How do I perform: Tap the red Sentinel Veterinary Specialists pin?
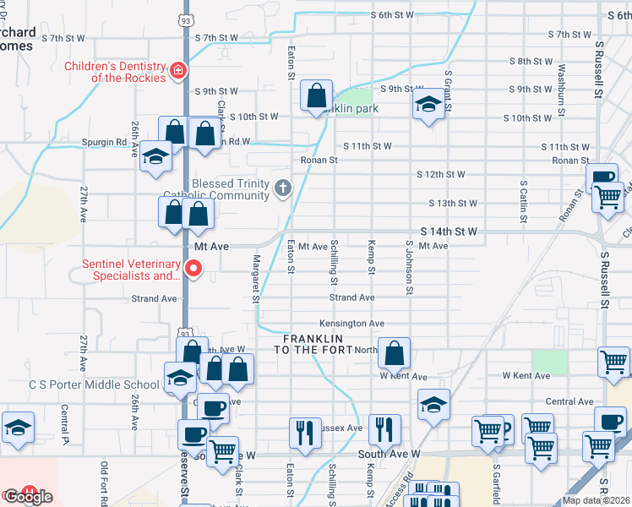[193, 270]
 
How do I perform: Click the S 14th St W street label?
[449, 232]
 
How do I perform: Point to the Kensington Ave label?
[351, 324]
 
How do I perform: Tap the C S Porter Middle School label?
[94, 385]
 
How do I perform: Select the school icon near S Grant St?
[428, 106]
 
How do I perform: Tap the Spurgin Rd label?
[98, 143]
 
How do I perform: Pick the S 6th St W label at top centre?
[393, 15]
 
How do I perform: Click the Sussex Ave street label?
[342, 428]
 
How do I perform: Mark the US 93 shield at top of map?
[185, 18]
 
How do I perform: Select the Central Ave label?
[569, 402]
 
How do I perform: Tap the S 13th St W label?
[452, 204]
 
